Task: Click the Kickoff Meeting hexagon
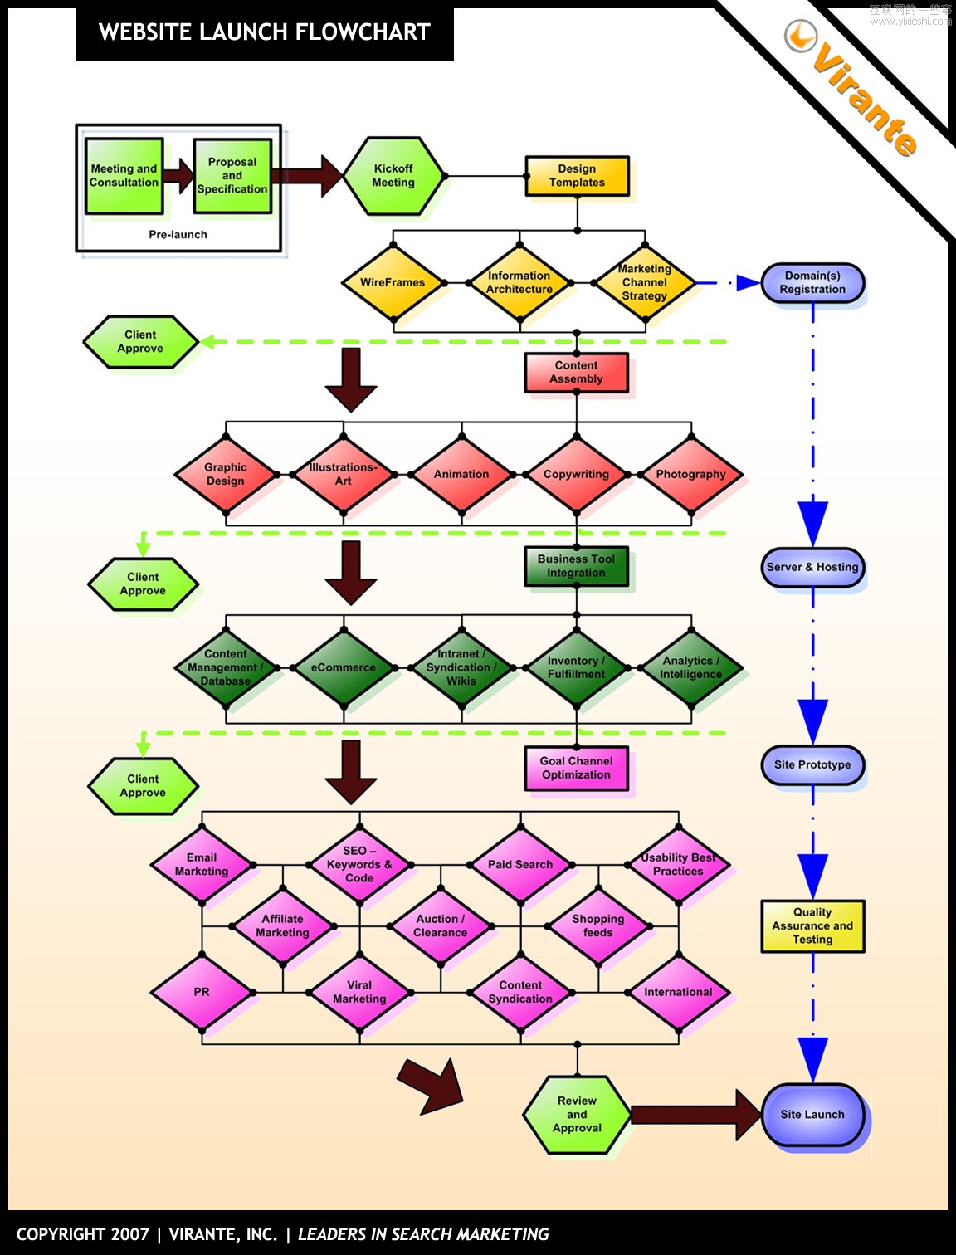click(x=393, y=176)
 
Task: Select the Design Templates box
click(x=577, y=176)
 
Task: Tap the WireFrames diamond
click(x=393, y=282)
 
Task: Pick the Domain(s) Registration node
click(x=812, y=282)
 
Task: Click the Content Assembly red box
click(x=576, y=372)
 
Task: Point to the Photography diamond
click(x=690, y=474)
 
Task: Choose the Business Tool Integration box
click(x=576, y=566)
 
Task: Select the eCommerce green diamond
click(x=344, y=667)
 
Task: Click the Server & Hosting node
click(x=812, y=567)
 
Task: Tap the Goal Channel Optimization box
click(x=576, y=768)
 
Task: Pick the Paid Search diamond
click(x=520, y=864)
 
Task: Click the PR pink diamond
click(x=202, y=992)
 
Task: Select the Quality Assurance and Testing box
click(x=812, y=925)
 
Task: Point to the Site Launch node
click(x=812, y=1115)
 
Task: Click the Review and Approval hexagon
click(x=577, y=1115)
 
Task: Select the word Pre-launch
click(x=178, y=235)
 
